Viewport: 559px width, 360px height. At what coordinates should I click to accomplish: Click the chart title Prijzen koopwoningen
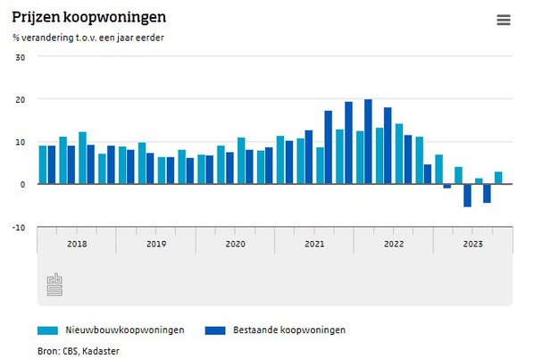[x=88, y=17]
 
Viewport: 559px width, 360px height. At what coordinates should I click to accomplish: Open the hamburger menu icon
[x=504, y=21]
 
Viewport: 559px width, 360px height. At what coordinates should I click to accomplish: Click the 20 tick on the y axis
[x=21, y=99]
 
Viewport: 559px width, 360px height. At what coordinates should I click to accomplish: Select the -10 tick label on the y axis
[x=19, y=227]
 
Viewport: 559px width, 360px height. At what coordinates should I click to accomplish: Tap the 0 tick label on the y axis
[x=22, y=184]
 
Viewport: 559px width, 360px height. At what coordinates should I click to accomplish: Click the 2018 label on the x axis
[x=77, y=243]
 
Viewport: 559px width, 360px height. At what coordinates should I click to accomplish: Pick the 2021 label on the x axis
[x=314, y=243]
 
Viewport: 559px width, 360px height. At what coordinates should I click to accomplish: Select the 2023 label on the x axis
[x=472, y=243]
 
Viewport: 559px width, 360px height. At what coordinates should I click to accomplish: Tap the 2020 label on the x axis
[x=235, y=243]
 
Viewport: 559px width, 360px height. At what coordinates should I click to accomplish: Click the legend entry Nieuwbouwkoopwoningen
[x=125, y=330]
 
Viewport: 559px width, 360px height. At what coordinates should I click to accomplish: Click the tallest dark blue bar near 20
[x=368, y=141]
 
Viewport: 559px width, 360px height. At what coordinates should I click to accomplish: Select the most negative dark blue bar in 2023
[x=467, y=195]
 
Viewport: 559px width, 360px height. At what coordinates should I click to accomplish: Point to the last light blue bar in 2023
[x=498, y=178]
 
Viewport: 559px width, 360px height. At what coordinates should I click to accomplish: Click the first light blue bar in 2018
[x=42, y=164]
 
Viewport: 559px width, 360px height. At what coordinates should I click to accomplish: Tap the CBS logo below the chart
[x=55, y=285]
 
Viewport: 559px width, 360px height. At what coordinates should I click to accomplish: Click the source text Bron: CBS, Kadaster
[x=79, y=351]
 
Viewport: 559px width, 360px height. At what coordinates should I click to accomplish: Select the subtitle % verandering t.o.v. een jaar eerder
[x=88, y=38]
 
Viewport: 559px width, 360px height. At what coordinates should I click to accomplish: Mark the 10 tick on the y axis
[x=21, y=142]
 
